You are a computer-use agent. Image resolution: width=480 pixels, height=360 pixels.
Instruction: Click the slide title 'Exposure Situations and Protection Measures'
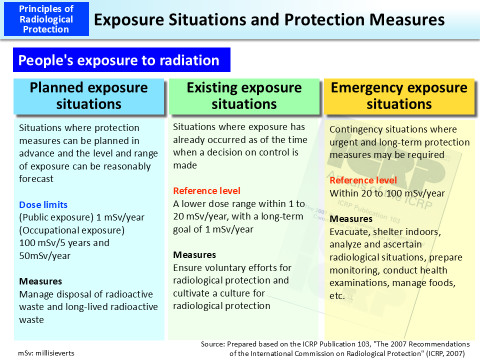click(269, 19)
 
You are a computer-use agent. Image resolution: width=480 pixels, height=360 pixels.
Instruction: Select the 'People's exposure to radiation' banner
click(119, 60)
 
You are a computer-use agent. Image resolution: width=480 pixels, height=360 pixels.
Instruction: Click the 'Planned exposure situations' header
click(89, 95)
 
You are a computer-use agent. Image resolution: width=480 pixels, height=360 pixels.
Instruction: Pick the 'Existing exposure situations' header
click(244, 95)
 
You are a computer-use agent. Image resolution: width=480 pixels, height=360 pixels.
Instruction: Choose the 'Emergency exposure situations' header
click(399, 95)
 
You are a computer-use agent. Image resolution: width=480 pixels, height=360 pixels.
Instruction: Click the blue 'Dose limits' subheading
click(43, 204)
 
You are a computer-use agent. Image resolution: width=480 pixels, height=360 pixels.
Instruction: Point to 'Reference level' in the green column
click(206, 190)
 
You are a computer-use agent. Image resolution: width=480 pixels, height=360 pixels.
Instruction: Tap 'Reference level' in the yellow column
click(363, 180)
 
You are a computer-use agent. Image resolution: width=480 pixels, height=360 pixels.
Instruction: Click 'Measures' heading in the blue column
click(40, 281)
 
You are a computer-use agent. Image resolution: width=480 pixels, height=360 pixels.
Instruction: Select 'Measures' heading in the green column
click(194, 255)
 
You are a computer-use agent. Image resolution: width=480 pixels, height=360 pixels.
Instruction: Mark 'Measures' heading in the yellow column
click(351, 219)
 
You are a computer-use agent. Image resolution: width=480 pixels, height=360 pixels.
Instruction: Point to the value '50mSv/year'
click(45, 256)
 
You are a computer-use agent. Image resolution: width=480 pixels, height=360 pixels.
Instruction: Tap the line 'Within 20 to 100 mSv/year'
click(387, 193)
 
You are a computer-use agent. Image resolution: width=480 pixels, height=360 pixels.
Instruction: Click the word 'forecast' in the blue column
click(36, 179)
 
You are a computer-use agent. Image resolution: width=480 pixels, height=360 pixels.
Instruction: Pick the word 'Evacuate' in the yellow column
click(348, 232)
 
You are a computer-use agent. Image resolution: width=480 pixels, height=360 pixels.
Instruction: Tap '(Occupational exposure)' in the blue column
click(71, 230)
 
